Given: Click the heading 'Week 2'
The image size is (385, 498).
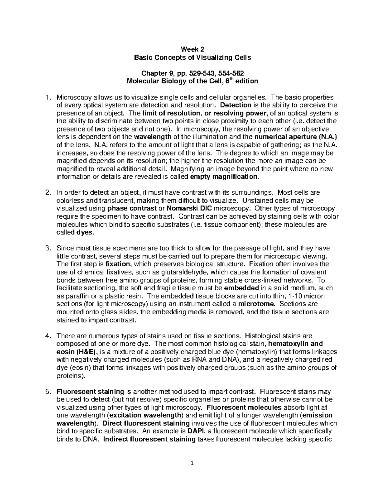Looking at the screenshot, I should click(192, 49).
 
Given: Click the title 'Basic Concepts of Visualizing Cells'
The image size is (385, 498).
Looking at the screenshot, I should click(192, 57).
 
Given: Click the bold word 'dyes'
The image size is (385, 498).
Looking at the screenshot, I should click(84, 232).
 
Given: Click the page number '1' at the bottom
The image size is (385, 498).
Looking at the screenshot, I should click(192, 463).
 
